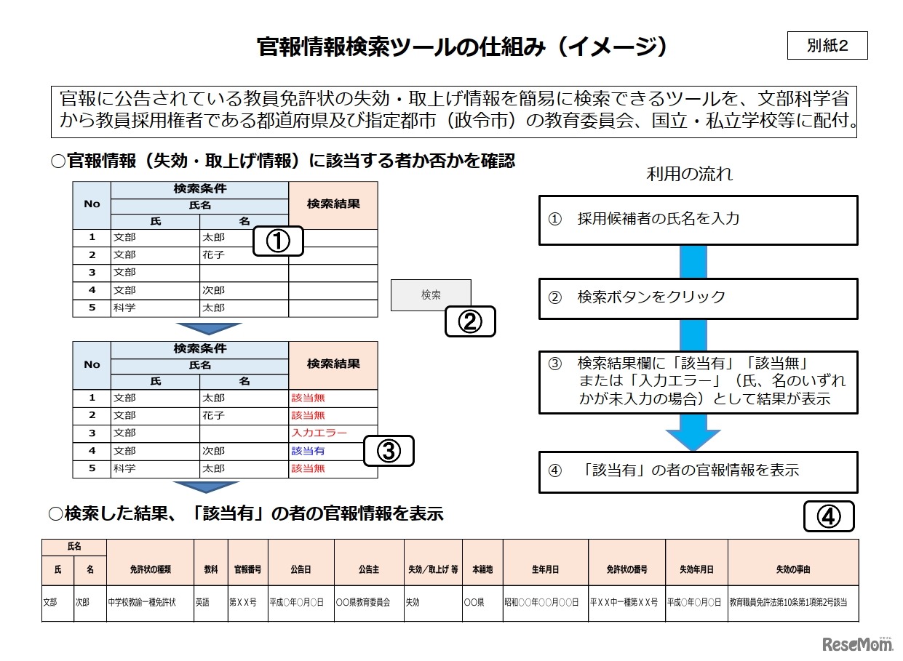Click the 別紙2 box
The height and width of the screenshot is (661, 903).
click(827, 46)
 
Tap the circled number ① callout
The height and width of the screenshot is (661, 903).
click(278, 241)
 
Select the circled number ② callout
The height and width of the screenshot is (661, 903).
click(470, 321)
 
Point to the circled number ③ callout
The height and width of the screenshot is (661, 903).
click(388, 451)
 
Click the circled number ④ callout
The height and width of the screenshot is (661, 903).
click(828, 516)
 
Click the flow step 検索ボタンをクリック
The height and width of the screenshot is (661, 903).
click(698, 297)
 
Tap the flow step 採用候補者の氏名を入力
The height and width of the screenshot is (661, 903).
click(698, 220)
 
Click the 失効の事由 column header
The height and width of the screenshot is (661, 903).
click(792, 569)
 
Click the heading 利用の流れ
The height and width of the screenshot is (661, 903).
click(689, 174)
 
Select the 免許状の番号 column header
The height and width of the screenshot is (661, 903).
click(627, 569)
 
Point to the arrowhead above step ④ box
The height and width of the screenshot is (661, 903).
click(693, 438)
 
